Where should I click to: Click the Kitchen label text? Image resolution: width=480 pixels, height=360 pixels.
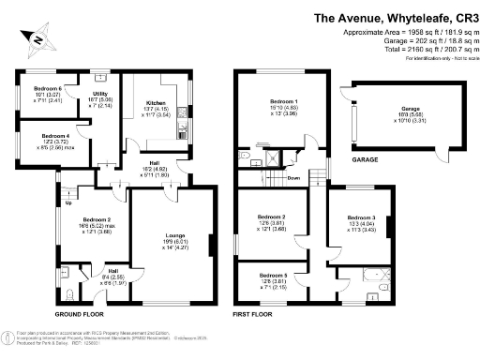click(156, 103)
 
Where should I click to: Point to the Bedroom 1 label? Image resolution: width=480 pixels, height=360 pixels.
click(283, 100)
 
